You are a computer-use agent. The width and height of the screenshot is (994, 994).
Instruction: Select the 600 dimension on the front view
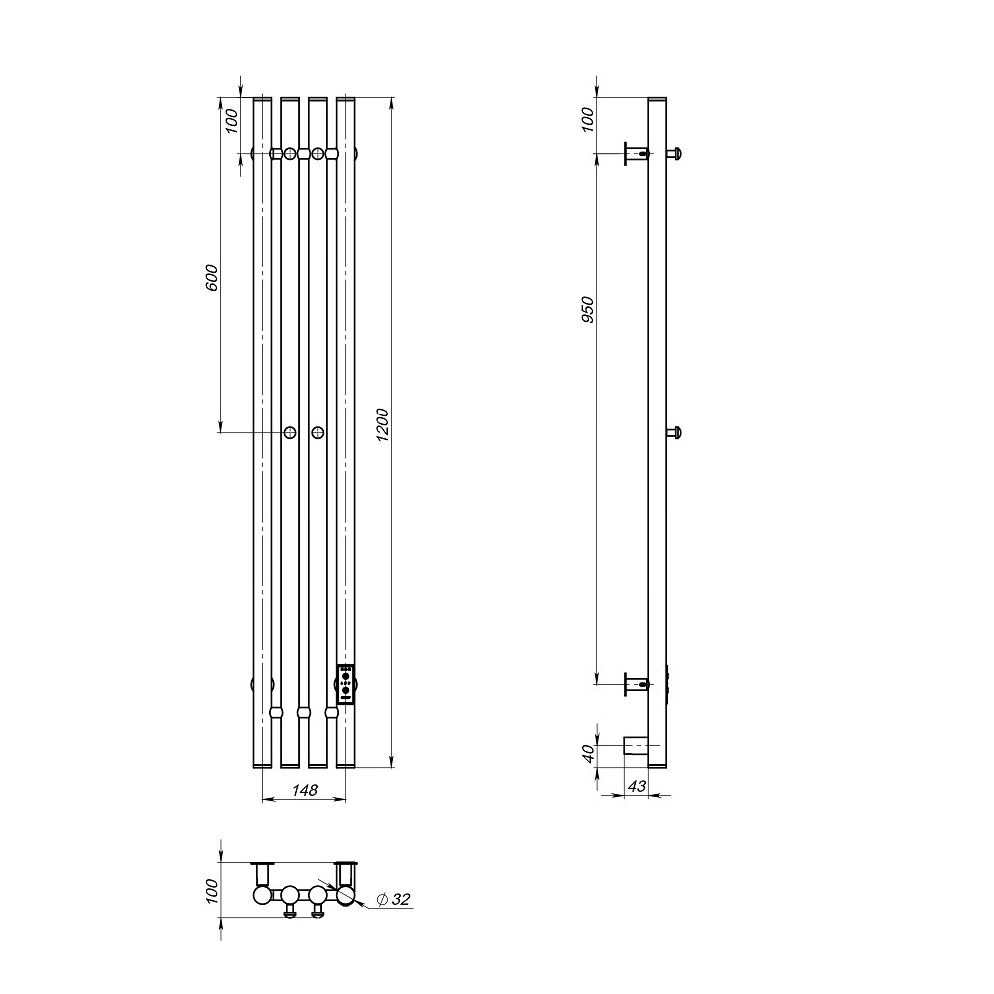[x=211, y=277]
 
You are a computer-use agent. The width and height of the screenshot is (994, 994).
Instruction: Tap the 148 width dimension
[x=304, y=790]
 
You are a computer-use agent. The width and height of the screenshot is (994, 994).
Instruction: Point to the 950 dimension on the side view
[x=588, y=313]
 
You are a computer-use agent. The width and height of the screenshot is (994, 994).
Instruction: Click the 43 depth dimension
[x=637, y=786]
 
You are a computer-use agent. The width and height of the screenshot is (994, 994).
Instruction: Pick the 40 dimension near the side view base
[x=588, y=753]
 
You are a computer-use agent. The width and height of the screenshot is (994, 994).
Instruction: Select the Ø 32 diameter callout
[x=395, y=900]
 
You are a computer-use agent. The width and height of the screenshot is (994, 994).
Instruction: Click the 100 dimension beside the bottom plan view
[x=211, y=890]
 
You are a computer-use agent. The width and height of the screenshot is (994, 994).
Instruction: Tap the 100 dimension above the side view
[x=588, y=119]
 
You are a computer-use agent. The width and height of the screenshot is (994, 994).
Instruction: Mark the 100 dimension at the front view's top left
[x=232, y=120]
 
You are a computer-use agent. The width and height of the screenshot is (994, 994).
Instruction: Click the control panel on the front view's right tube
[x=346, y=684]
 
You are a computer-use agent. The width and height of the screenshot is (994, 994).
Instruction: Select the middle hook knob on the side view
[x=676, y=432]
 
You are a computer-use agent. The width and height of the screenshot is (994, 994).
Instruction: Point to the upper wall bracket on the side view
[x=634, y=153]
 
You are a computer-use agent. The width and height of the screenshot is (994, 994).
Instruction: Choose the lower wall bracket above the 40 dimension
[x=634, y=684]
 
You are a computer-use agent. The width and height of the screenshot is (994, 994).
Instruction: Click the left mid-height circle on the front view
[x=290, y=432]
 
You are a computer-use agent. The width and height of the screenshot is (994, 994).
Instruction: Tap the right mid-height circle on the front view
[x=318, y=432]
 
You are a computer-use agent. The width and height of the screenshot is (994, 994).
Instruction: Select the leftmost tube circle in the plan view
[x=262, y=895]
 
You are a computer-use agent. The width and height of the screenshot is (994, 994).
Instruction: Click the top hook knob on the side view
[x=676, y=153]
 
